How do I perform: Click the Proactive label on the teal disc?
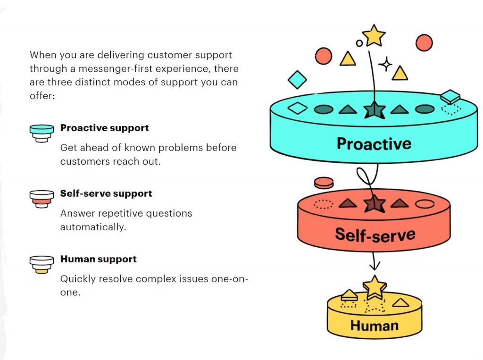[374, 143]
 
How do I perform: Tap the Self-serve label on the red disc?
[375, 234]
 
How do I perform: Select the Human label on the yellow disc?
[374, 325]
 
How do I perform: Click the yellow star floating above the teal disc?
[374, 35]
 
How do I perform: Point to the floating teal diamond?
[297, 80]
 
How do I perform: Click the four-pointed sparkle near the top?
[385, 64]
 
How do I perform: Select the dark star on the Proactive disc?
[374, 110]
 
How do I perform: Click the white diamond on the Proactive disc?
[297, 109]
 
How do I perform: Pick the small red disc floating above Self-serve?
[324, 182]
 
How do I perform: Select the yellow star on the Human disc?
[374, 286]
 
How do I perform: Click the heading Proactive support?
[104, 128]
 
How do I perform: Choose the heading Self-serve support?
[106, 193]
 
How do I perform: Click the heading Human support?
[98, 259]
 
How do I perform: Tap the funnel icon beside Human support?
[42, 264]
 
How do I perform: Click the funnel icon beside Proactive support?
[42, 133]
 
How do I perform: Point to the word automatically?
[93, 227]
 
